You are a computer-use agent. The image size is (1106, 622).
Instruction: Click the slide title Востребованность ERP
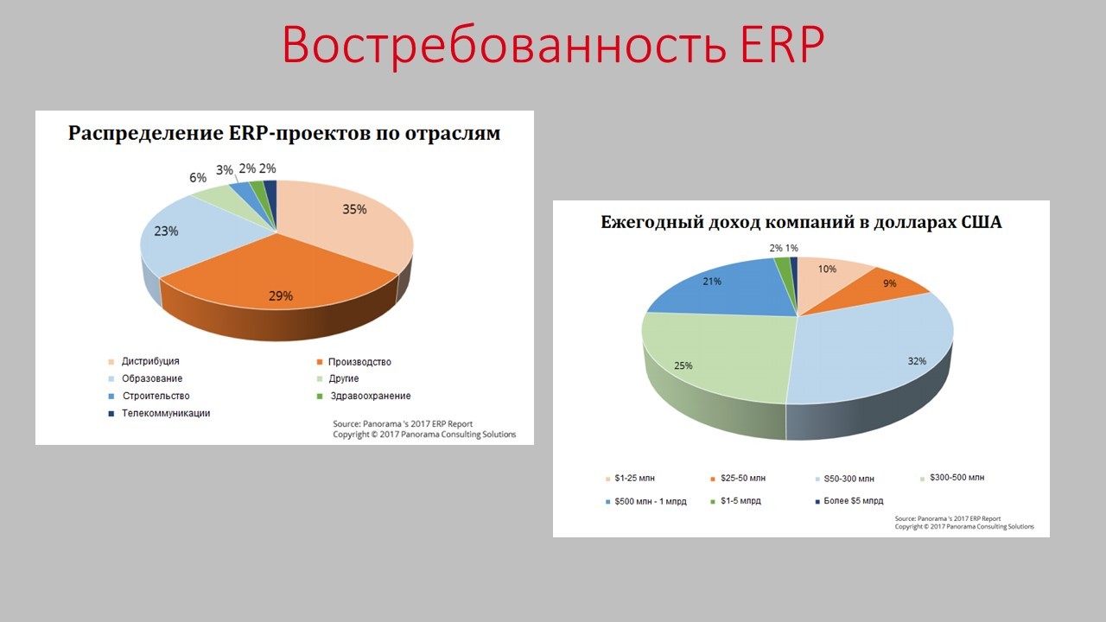[553, 45]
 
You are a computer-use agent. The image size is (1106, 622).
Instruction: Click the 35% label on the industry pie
[354, 209]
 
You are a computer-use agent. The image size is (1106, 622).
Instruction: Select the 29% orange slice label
[280, 296]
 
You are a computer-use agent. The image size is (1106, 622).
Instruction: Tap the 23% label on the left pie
[167, 232]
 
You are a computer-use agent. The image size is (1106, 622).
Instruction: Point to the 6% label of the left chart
[198, 178]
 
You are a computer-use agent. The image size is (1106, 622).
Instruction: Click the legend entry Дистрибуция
[150, 362]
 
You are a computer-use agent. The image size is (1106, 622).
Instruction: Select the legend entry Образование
[152, 379]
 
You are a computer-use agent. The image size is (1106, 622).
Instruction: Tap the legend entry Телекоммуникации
[166, 414]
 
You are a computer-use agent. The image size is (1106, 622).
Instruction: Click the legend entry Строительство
[156, 397]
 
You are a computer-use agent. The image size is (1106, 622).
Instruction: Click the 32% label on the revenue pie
[916, 361]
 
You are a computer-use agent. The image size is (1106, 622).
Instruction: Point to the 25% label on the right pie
[683, 365]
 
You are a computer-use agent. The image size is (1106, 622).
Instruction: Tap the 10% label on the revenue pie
[827, 270]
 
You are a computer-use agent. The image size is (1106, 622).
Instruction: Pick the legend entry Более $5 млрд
[854, 501]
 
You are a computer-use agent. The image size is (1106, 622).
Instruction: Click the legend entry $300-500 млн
[955, 478]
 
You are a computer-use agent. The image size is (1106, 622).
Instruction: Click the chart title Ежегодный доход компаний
[801, 223]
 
